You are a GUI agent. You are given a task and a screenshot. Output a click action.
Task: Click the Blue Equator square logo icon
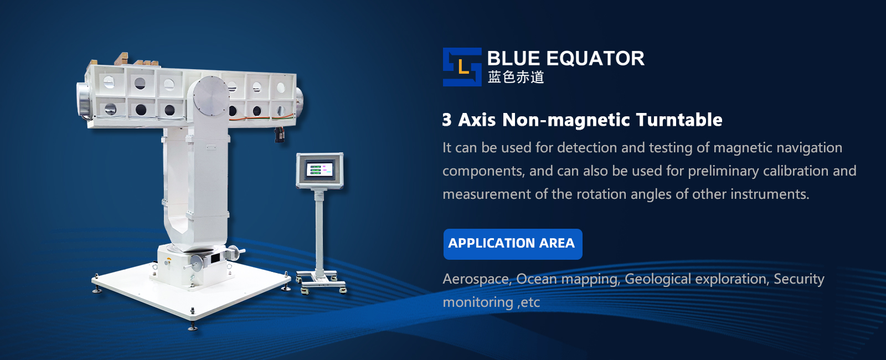coord(462,67)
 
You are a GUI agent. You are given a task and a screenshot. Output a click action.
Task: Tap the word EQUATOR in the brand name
coord(596,59)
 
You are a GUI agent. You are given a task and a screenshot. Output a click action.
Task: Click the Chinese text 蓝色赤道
coord(516,77)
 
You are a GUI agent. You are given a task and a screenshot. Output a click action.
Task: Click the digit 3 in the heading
coord(447,120)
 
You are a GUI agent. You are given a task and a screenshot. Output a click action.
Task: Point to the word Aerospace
coord(476,279)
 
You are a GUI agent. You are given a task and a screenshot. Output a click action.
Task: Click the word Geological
coord(658,279)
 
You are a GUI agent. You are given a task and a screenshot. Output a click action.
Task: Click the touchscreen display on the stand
coord(320,169)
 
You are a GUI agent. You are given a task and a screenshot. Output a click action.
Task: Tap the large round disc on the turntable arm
coord(211,96)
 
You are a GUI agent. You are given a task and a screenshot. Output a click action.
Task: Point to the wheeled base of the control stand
coord(321,281)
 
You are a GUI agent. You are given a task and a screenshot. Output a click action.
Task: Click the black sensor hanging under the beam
coord(280,134)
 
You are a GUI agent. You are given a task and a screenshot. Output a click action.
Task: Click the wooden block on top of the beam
coord(121,59)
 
